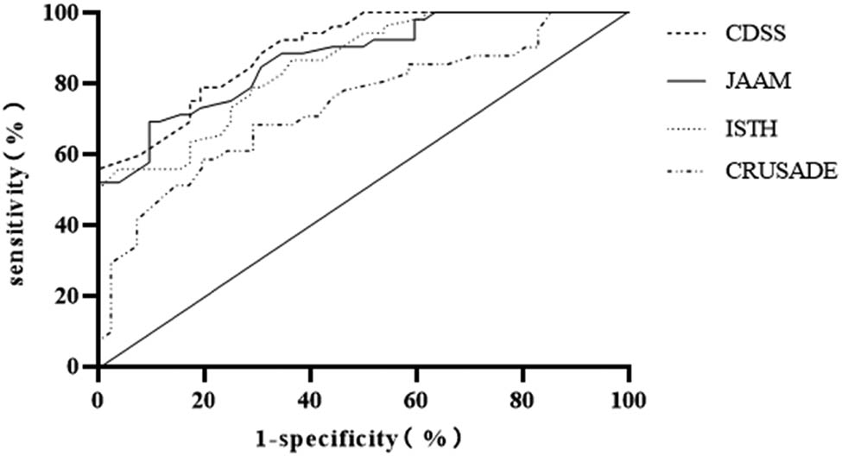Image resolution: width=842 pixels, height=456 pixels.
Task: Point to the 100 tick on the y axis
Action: pyautogui.click(x=72, y=14)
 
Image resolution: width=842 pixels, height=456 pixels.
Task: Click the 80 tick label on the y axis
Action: pyautogui.click(x=76, y=84)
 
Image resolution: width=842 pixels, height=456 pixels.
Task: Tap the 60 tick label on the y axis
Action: pyautogui.click(x=76, y=155)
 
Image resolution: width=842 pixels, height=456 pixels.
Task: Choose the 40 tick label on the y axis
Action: pyautogui.click(x=76, y=225)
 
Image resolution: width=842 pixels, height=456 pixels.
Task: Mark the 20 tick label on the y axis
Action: pyautogui.click(x=76, y=296)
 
